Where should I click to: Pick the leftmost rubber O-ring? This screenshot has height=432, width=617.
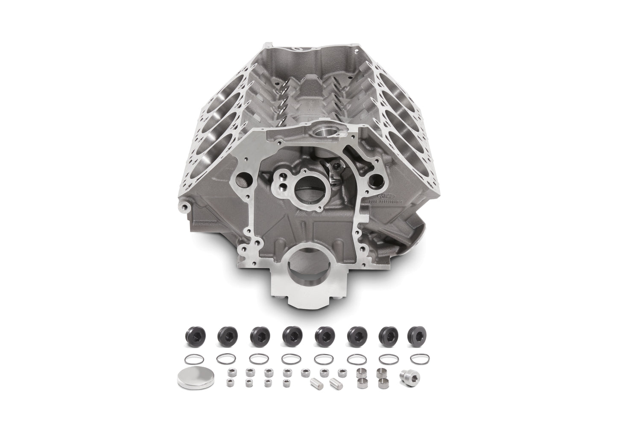point(190,358)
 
